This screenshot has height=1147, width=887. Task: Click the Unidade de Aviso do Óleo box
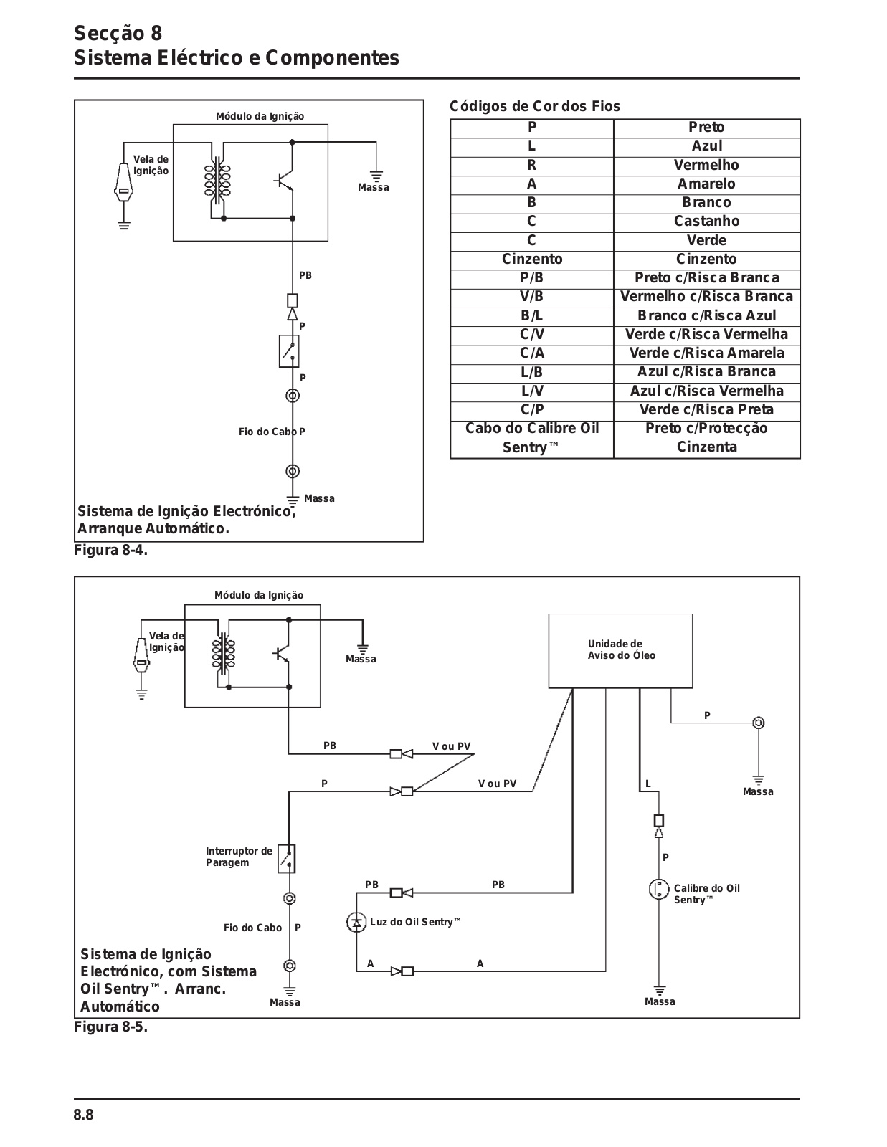point(620,651)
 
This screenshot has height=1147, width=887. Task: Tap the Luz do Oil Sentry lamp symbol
point(356,922)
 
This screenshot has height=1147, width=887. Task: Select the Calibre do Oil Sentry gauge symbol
point(658,889)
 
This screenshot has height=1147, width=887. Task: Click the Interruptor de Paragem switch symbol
point(287,859)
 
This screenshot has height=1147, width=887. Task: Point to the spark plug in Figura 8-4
point(123,183)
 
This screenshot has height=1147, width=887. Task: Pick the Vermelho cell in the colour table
point(706,165)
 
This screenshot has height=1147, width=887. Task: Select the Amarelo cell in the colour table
point(706,184)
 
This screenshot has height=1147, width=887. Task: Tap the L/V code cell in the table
point(531,391)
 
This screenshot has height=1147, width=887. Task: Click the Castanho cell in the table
point(706,222)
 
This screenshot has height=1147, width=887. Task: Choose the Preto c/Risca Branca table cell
point(706,278)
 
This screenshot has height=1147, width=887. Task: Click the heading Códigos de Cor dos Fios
point(534,106)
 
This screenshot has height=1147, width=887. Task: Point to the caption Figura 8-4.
point(111,550)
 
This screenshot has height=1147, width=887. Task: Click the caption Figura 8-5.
point(111,1027)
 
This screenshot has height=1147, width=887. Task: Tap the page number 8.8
point(83,1115)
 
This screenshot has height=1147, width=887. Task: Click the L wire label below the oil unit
point(648,784)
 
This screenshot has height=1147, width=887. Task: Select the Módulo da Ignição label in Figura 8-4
point(260,116)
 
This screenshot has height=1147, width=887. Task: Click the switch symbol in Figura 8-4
point(289,351)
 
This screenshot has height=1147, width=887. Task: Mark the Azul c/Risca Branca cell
point(706,372)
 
